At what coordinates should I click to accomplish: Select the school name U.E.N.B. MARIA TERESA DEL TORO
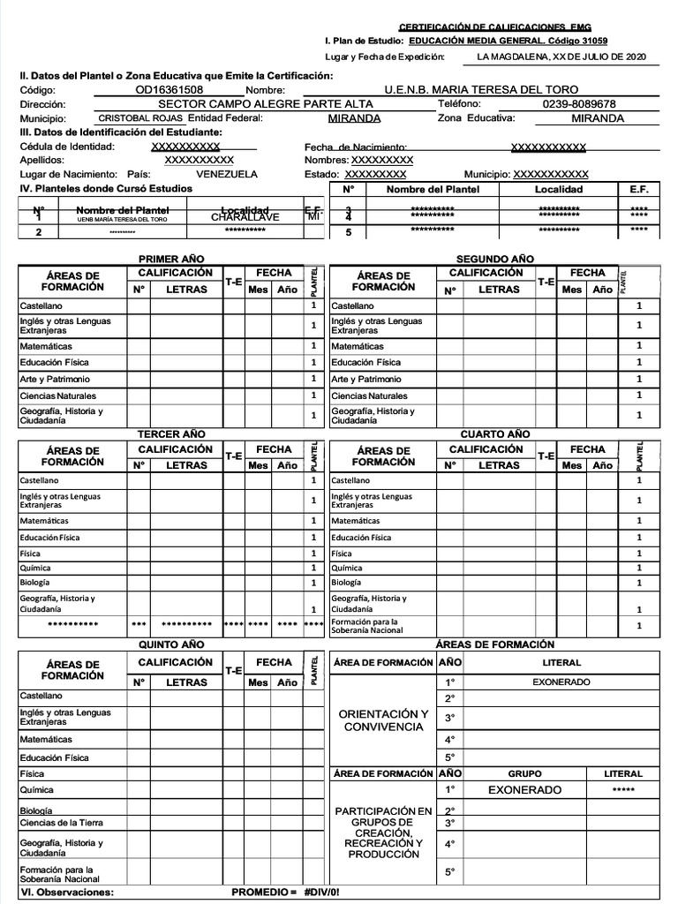pos(481,90)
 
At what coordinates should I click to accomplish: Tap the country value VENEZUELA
pos(227,174)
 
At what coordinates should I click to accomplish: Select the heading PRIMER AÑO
pos(171,259)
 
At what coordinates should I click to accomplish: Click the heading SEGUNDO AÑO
pos(494,259)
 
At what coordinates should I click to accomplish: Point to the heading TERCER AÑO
pos(171,434)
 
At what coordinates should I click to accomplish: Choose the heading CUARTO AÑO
pos(494,434)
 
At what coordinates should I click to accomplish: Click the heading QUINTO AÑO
pos(171,644)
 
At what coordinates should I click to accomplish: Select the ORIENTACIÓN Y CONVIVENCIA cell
pos(384,719)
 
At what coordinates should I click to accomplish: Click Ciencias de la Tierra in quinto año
pos(62,823)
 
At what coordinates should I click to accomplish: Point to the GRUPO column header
pos(525,773)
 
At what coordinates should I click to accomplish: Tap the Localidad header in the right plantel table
pos(559,189)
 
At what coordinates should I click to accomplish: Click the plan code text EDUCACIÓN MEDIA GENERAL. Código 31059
pos(496,41)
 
